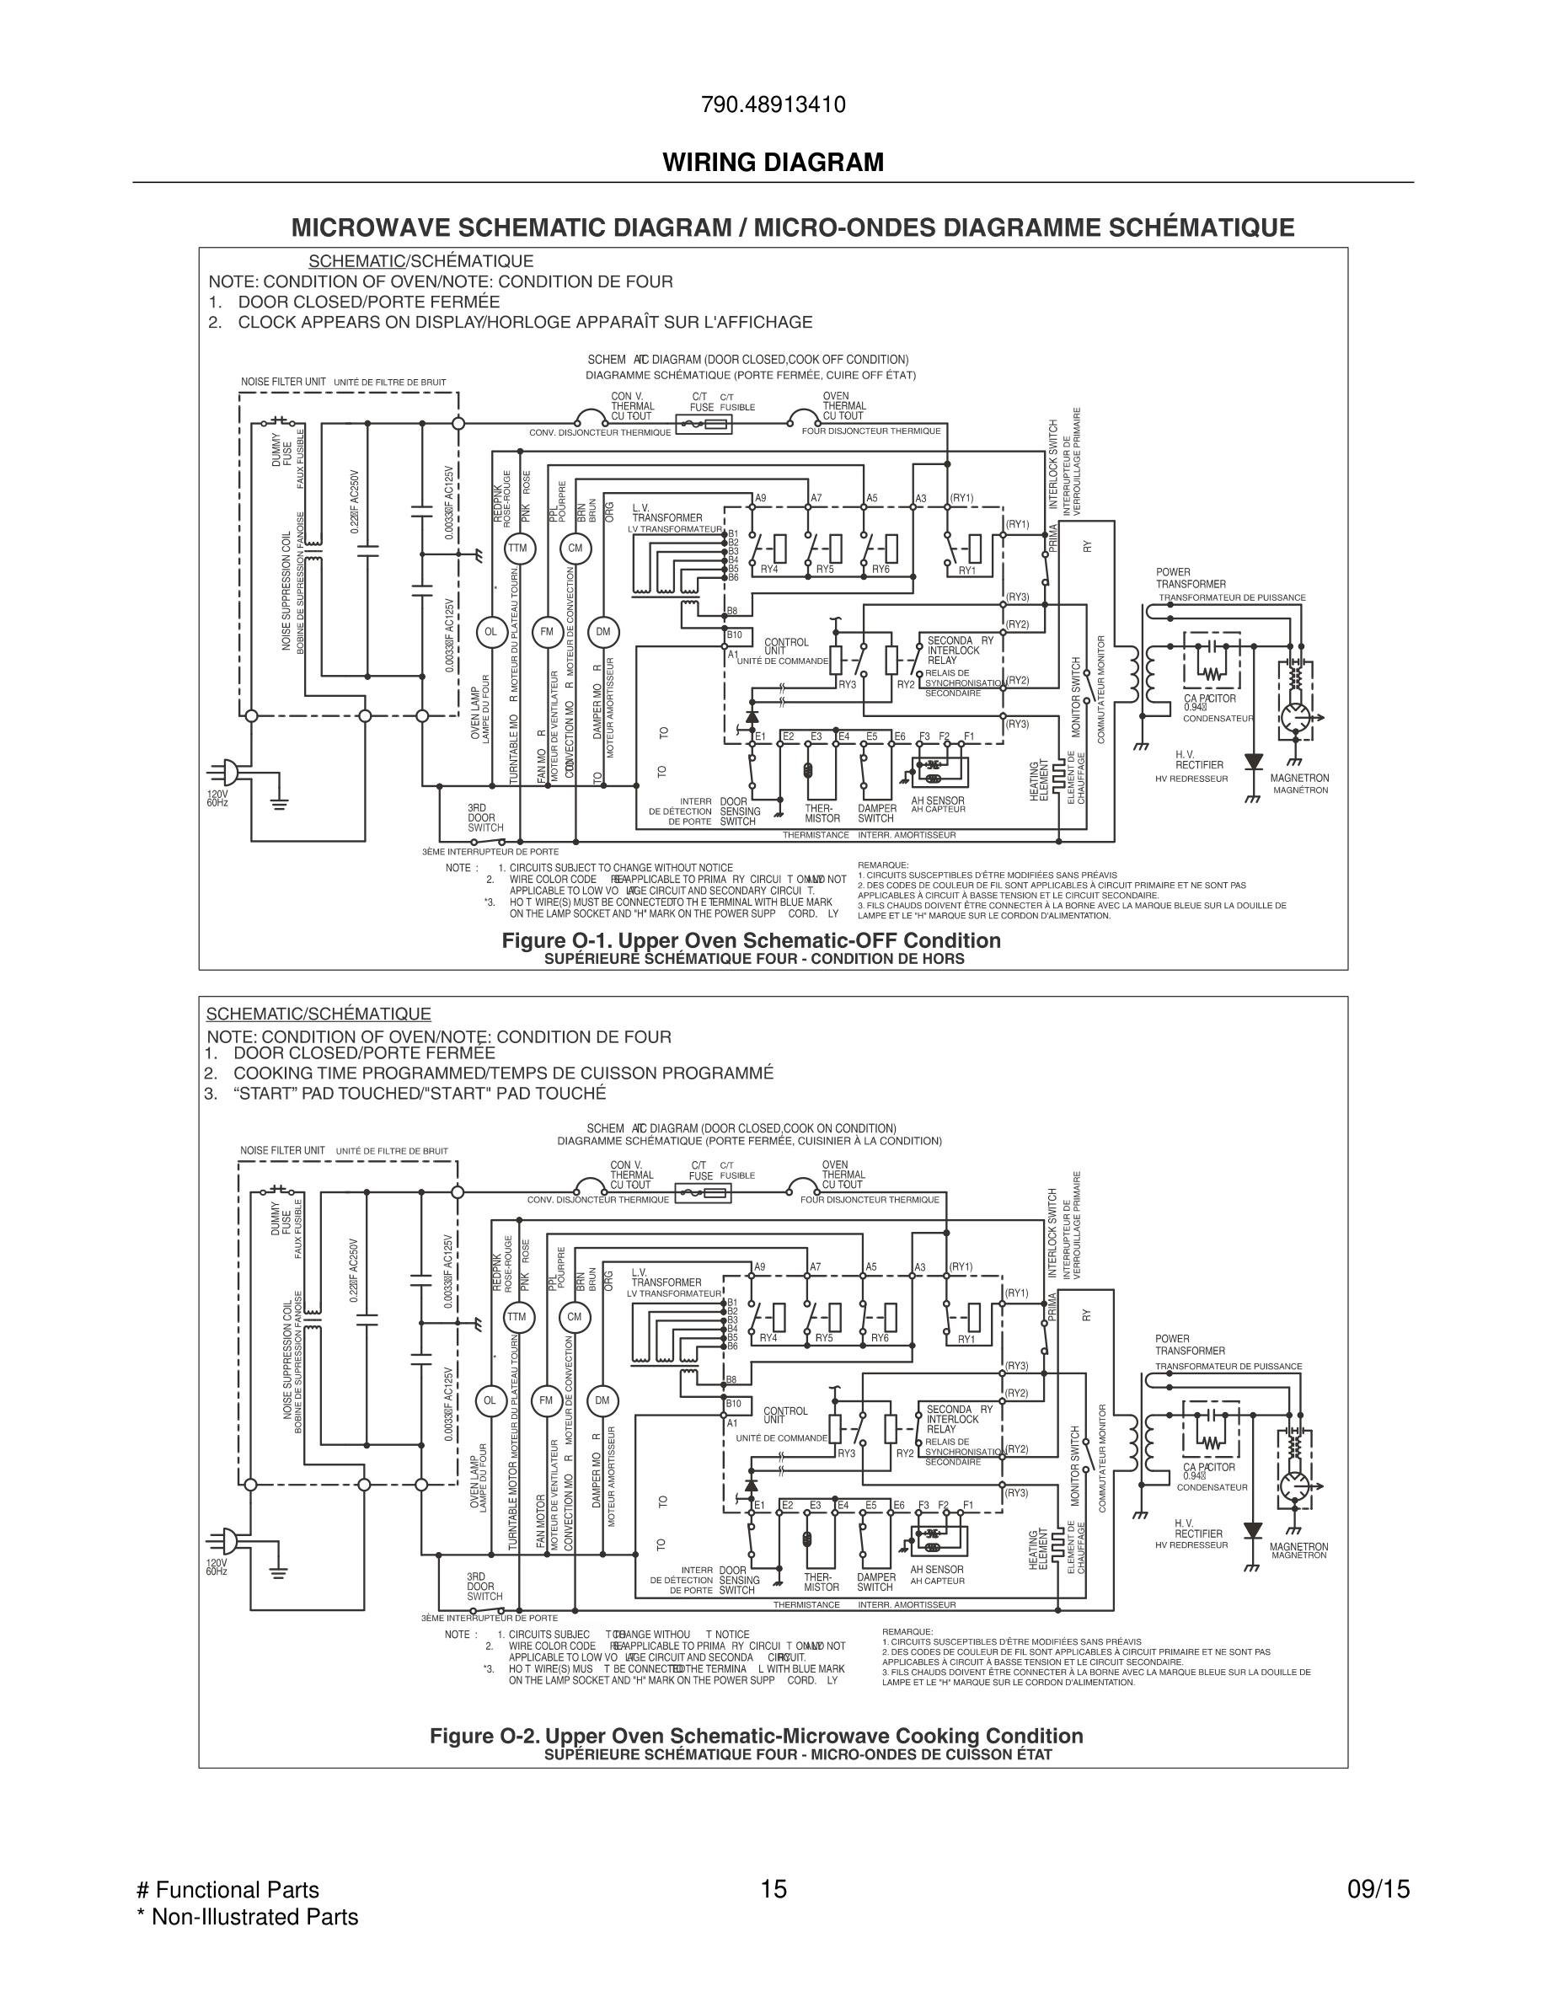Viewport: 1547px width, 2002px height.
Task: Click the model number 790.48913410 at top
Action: [773, 105]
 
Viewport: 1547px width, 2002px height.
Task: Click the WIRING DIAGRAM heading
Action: [773, 163]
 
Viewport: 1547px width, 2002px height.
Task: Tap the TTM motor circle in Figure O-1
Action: [518, 549]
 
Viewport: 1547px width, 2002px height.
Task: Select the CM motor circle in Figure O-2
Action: [575, 1317]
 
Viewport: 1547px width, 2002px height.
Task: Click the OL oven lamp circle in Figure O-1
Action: [490, 632]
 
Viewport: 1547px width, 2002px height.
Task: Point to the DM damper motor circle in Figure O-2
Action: [602, 1400]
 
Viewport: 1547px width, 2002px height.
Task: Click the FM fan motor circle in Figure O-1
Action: [547, 632]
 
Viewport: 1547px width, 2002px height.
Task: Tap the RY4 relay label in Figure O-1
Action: [769, 570]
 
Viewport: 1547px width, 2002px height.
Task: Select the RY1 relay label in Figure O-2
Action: [966, 1339]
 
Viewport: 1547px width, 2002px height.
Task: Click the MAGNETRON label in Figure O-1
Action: [1298, 779]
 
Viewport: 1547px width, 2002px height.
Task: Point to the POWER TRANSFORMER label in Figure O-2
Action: [1190, 1345]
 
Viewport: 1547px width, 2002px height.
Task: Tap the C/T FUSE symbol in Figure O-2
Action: [703, 1192]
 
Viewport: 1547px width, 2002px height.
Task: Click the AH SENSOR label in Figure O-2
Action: [937, 1570]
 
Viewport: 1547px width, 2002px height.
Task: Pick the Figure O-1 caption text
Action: [751, 940]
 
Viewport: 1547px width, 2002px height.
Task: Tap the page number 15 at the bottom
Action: [773, 1889]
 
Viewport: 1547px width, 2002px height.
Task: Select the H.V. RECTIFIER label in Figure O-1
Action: [1199, 760]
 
